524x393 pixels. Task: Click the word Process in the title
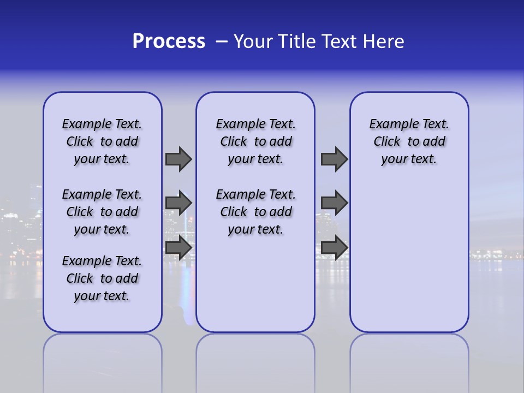pos(169,41)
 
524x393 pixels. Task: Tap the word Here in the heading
pos(384,41)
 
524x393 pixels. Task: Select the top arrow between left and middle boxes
pos(178,159)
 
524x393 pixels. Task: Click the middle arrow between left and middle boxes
pos(178,203)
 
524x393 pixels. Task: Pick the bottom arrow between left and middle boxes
pos(178,247)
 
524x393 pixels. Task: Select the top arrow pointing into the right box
pos(334,159)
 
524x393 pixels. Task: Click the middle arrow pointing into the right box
pos(334,203)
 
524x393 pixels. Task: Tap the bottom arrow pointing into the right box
pos(334,247)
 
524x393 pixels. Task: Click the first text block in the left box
pos(102,141)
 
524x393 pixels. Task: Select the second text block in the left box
pos(102,212)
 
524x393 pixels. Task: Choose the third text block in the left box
pos(102,278)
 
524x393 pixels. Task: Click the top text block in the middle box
pos(255,141)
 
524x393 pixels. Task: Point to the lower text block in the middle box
pos(255,212)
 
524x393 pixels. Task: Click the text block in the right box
pos(409,141)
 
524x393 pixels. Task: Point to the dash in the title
pos(222,41)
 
